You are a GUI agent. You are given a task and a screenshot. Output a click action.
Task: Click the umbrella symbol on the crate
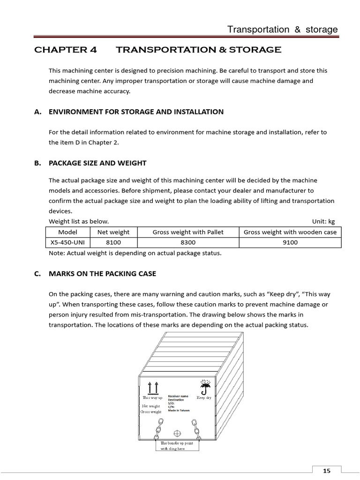204,387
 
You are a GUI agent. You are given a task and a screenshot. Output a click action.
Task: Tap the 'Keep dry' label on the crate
204,397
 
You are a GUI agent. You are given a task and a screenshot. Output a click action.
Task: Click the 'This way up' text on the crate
152,397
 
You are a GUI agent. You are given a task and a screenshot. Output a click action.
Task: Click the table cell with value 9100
290,242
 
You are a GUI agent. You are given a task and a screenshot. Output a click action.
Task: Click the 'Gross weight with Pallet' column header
188,232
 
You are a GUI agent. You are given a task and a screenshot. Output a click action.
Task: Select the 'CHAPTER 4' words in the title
66,50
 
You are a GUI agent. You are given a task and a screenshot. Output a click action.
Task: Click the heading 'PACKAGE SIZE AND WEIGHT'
97,163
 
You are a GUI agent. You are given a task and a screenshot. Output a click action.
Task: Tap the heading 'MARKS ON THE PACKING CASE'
102,274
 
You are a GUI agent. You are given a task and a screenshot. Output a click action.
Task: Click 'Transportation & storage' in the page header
282,30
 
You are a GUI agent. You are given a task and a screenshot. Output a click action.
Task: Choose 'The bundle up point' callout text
177,442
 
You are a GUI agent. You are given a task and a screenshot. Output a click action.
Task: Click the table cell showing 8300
188,242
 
